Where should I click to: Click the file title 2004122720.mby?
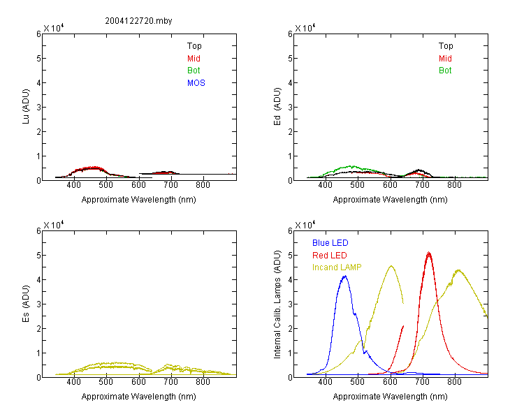point(138,21)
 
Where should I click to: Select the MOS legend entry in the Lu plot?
point(196,83)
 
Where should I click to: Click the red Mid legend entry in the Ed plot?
point(445,59)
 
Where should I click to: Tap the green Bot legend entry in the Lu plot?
point(194,71)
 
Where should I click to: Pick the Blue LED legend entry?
point(330,243)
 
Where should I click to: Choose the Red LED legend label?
point(330,256)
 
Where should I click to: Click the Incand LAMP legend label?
point(337,267)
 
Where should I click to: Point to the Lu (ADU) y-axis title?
point(26,106)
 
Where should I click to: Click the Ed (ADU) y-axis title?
point(277,107)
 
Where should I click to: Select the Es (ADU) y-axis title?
point(26,304)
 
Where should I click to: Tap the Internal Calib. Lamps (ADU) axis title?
point(277,304)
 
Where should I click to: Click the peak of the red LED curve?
point(429,253)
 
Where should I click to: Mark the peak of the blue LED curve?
point(345,276)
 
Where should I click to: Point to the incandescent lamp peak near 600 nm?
point(391,266)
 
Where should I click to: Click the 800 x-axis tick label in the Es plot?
point(203,382)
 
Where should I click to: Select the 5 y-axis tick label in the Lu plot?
point(38,58)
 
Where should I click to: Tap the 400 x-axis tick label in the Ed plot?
point(325,185)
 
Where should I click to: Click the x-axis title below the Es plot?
point(139,397)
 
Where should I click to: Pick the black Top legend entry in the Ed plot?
point(446,46)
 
